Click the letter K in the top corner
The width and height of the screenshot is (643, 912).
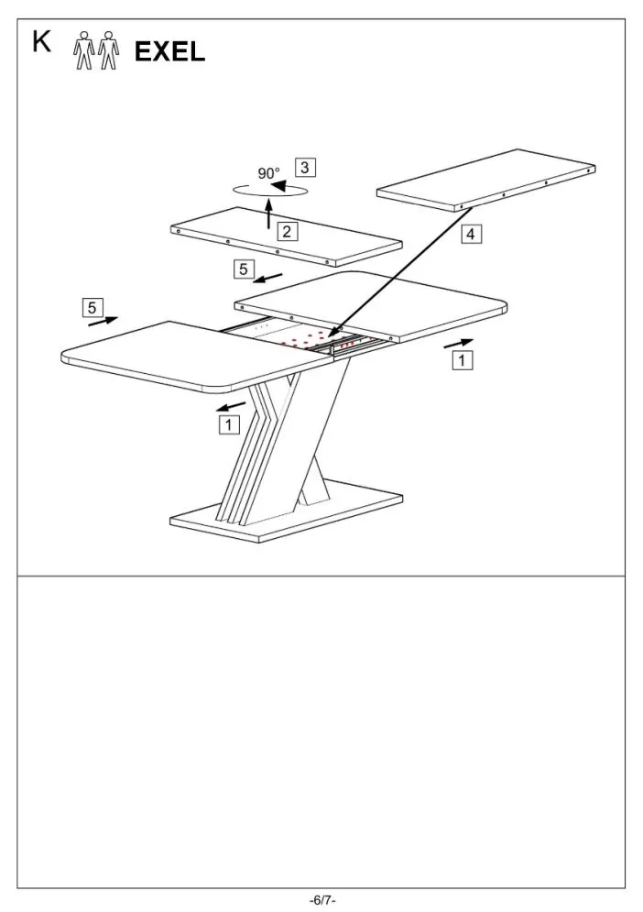pyautogui.click(x=41, y=42)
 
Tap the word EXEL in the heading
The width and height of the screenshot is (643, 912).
pyautogui.click(x=169, y=51)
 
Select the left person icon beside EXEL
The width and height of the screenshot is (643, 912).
pyautogui.click(x=83, y=50)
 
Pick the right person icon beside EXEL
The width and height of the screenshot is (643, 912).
pyautogui.click(x=108, y=50)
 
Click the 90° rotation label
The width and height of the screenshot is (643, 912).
pyautogui.click(x=268, y=173)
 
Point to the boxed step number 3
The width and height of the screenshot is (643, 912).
pyautogui.click(x=305, y=168)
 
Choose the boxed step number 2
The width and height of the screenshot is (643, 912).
pyautogui.click(x=287, y=232)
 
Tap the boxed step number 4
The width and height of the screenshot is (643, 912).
pyautogui.click(x=471, y=234)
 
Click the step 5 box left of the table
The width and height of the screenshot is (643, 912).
pyautogui.click(x=92, y=307)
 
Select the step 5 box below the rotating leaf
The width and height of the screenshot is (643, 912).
pyautogui.click(x=244, y=269)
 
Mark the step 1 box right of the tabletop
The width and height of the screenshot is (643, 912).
pyautogui.click(x=463, y=360)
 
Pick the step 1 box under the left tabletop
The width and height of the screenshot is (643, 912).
pyautogui.click(x=228, y=424)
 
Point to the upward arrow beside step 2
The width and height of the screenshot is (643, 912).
pyautogui.click(x=268, y=214)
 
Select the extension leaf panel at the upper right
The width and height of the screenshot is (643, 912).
pyautogui.click(x=486, y=180)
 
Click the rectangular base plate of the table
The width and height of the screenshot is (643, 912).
pyautogui.click(x=286, y=511)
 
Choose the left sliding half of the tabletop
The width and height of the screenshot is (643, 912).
pyautogui.click(x=198, y=357)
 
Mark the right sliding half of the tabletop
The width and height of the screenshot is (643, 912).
pyautogui.click(x=372, y=306)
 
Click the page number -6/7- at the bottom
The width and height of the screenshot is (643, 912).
pyautogui.click(x=322, y=900)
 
